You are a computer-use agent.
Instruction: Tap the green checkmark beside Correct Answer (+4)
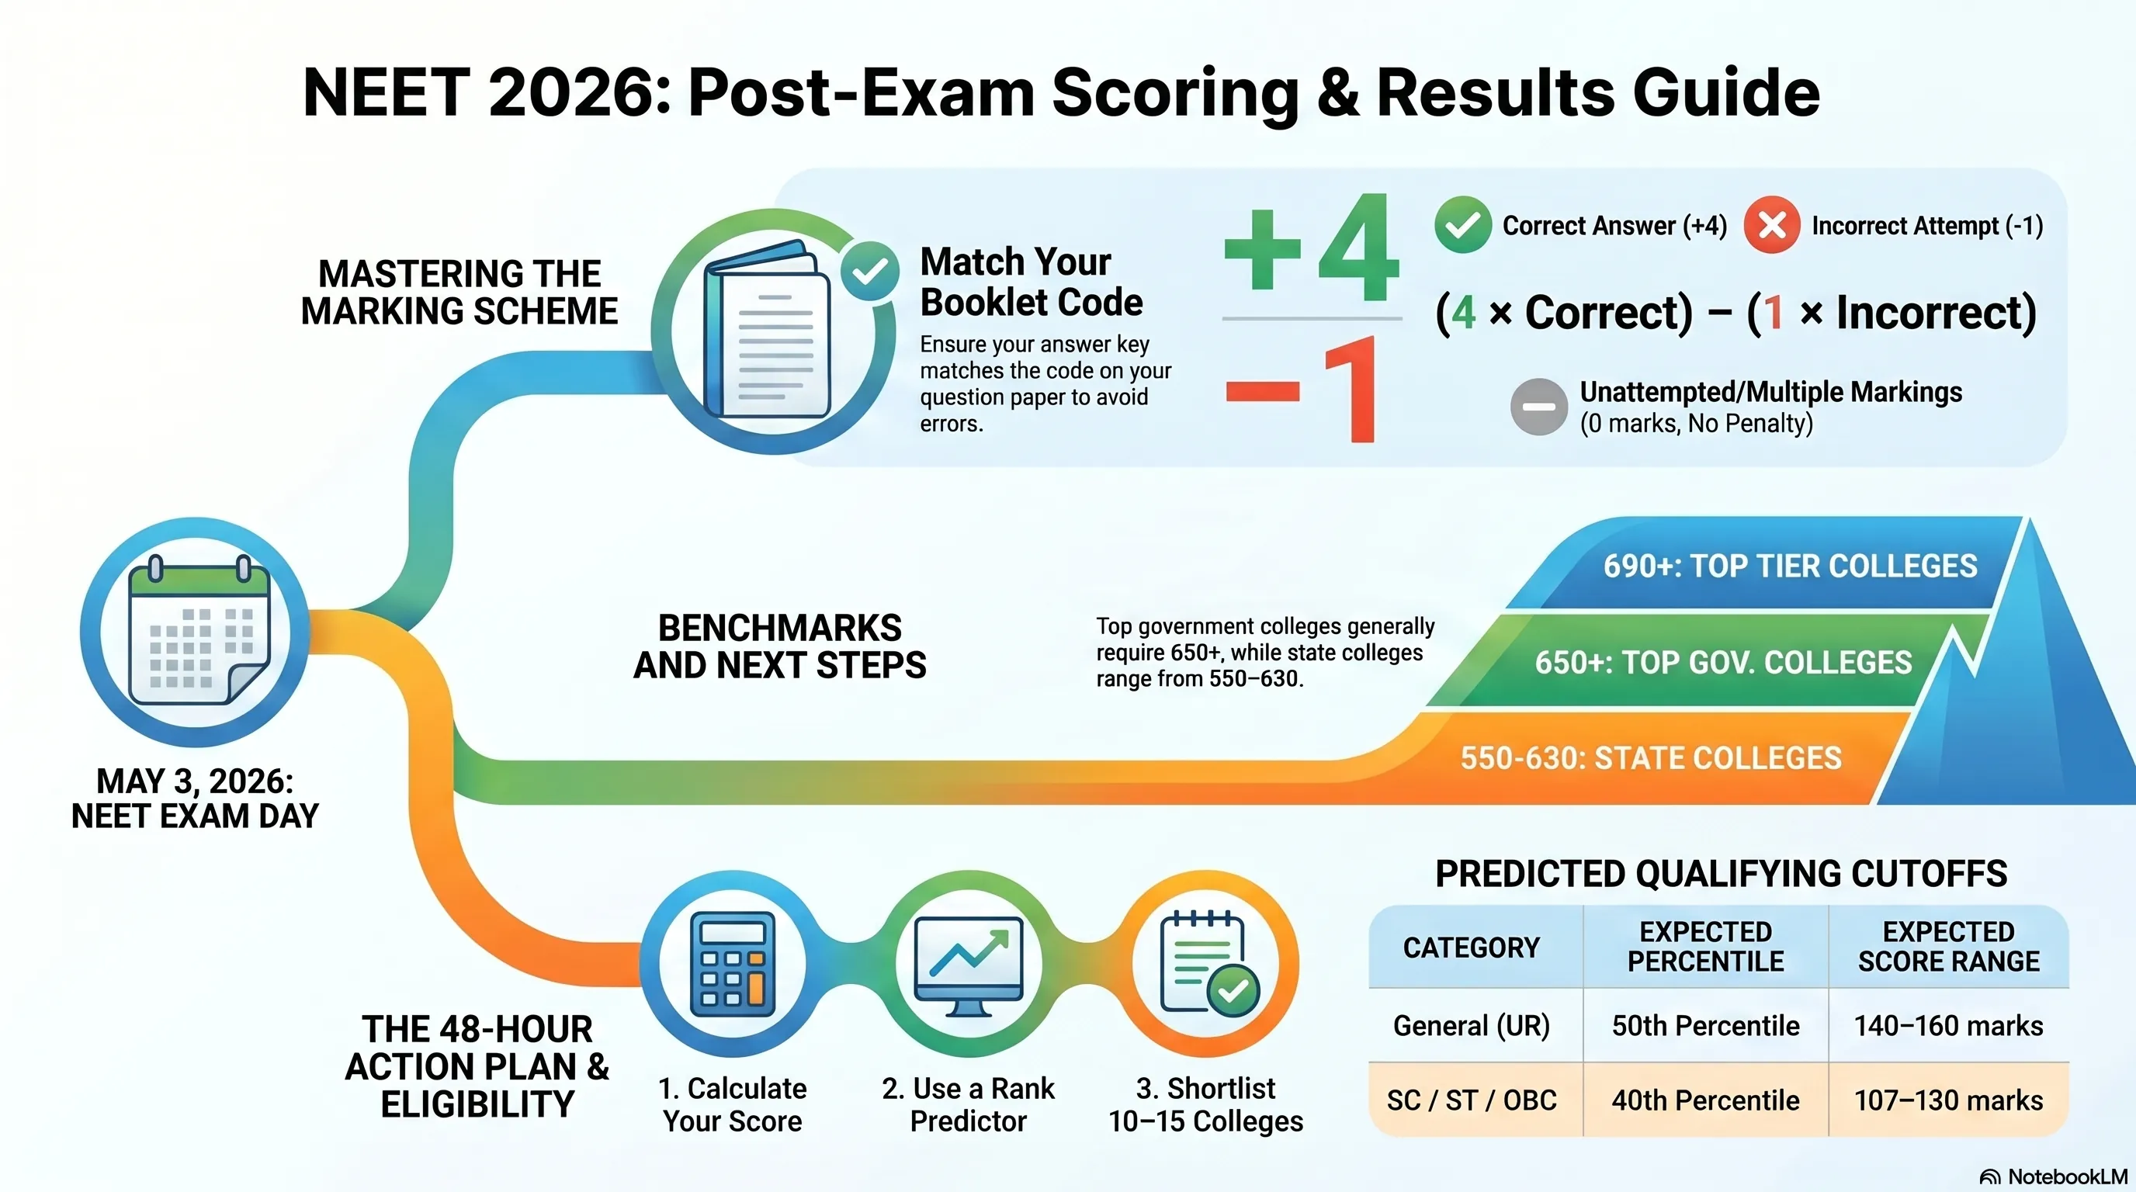point(1464,224)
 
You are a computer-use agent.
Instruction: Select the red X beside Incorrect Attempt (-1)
point(1772,224)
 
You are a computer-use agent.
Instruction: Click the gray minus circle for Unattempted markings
point(1539,406)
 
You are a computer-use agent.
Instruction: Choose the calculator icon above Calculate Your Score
point(732,964)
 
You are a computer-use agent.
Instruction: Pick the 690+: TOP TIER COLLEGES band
point(1767,564)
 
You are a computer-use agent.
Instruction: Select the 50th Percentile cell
point(1706,1025)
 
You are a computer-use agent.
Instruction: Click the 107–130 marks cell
point(1949,1100)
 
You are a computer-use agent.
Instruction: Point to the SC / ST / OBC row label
point(1472,1100)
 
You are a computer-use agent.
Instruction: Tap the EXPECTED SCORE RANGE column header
point(1949,946)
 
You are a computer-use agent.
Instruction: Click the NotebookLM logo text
point(2054,1176)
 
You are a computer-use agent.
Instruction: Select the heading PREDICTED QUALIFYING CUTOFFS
point(1722,874)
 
